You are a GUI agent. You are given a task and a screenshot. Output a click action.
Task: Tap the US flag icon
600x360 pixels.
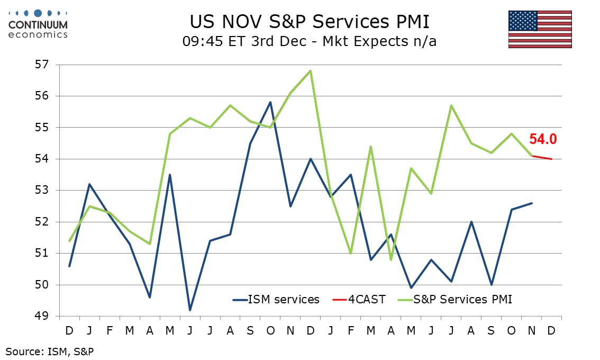[540, 29]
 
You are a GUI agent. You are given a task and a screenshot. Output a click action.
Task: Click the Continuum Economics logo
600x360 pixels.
[39, 24]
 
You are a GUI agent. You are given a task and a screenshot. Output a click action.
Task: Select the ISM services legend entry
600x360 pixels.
[276, 299]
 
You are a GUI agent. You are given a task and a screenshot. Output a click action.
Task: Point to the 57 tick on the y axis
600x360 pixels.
[41, 65]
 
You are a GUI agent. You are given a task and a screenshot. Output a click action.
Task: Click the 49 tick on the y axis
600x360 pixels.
[41, 316]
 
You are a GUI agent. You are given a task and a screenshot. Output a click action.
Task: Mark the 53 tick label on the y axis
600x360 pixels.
[41, 191]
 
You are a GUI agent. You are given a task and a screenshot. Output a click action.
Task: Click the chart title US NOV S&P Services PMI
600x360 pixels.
[310, 22]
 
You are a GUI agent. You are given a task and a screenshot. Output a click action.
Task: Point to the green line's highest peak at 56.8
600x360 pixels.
[310, 71]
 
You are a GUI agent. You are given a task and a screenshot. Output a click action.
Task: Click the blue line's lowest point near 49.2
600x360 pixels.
[190, 310]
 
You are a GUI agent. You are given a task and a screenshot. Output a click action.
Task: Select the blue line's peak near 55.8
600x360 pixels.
[270, 102]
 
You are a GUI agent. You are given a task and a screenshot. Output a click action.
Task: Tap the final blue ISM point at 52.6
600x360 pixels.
[532, 203]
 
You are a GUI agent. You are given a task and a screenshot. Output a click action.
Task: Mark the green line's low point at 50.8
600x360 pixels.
[391, 259]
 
